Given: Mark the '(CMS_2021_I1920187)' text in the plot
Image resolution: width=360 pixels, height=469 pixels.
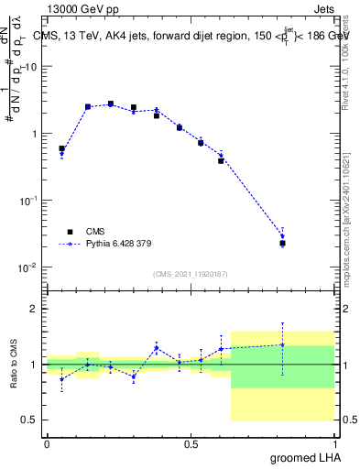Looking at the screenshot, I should (190, 274).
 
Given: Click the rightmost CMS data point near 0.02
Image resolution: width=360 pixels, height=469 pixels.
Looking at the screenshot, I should (283, 243).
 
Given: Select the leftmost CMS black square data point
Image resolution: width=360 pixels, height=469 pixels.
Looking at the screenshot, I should (61, 148).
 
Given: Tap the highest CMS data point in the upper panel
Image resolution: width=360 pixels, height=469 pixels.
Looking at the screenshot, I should (111, 104).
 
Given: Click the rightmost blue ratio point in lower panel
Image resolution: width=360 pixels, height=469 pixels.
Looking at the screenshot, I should (283, 345).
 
